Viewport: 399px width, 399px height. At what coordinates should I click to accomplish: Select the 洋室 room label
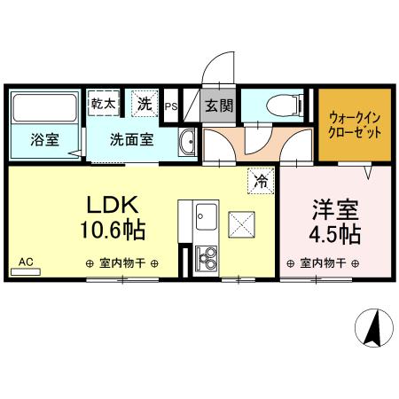(x=334, y=213)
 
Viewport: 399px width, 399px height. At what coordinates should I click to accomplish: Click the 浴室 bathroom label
(x=43, y=139)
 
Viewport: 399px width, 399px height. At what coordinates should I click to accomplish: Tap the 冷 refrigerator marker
(x=261, y=178)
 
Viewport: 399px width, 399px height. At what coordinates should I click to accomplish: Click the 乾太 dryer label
(x=103, y=103)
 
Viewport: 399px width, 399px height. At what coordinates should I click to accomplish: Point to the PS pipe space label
(x=171, y=107)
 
